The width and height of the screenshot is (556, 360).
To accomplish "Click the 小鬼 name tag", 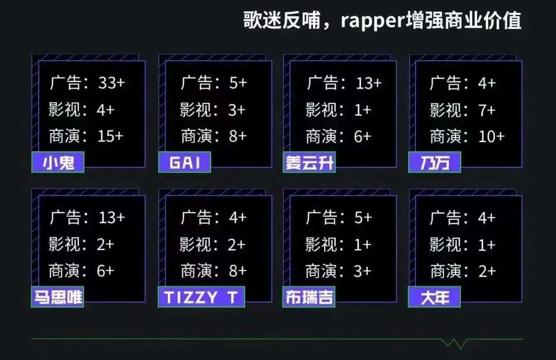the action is (x=58, y=162).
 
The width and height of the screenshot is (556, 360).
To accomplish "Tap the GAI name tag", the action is (x=185, y=162).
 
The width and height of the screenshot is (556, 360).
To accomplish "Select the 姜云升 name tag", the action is (x=309, y=162).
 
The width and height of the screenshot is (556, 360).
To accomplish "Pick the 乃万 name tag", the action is (x=435, y=162).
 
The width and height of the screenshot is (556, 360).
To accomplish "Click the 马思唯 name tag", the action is (x=58, y=297).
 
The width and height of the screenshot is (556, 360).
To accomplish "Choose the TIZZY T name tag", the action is (x=201, y=297).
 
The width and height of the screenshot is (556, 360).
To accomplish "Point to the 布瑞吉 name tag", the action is (x=309, y=297).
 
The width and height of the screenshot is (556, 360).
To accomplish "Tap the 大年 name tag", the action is (x=435, y=297).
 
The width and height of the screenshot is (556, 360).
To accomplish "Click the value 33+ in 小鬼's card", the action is (x=112, y=83).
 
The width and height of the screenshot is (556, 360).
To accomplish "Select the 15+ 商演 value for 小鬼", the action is (x=110, y=136).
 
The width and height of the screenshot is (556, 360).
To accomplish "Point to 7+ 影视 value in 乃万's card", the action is (x=486, y=110).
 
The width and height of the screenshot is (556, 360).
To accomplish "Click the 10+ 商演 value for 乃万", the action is (x=492, y=136).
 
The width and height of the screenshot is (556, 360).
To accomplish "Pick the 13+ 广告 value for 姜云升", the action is (x=369, y=83).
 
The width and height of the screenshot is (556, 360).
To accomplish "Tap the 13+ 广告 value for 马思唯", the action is (x=112, y=217).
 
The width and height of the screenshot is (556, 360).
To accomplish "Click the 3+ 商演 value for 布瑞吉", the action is (x=362, y=271).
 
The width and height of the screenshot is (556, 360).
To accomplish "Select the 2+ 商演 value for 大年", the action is (x=487, y=271).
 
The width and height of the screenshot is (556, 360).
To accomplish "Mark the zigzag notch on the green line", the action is (x=454, y=343).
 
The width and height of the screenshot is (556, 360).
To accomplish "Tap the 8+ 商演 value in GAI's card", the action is (x=237, y=136).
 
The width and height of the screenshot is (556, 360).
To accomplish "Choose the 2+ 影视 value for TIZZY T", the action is (x=236, y=244).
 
